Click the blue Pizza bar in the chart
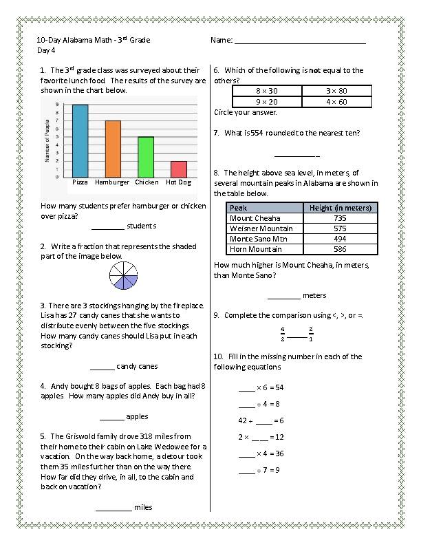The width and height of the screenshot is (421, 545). tap(80, 141)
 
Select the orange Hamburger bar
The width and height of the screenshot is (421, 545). tap(113, 149)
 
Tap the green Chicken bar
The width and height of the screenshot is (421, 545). tap(146, 157)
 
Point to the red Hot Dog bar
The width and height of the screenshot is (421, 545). tap(179, 169)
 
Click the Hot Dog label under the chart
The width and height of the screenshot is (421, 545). tap(179, 182)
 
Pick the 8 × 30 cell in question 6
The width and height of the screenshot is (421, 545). tap(267, 91)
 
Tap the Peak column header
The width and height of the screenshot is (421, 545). tap(239, 208)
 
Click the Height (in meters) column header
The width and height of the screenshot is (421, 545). tap(340, 208)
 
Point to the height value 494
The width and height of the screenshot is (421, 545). tap(340, 239)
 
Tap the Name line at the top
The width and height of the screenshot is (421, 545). tap(300, 43)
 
